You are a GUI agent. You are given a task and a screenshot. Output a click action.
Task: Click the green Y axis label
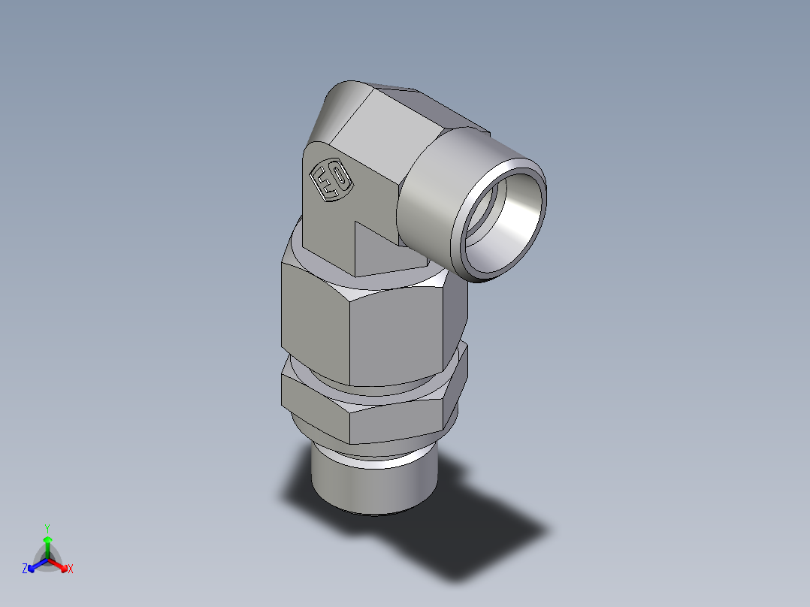[47, 528]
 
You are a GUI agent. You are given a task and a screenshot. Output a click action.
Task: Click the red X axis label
[71, 569]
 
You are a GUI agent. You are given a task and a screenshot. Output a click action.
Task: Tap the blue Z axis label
[25, 569]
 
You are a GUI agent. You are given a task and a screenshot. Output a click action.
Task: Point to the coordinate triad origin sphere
[47, 558]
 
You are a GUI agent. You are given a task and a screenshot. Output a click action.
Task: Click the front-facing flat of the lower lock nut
[398, 421]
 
